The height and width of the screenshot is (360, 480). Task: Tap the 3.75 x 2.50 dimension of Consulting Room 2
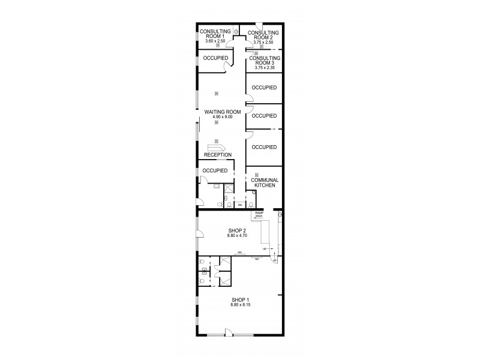click(264, 43)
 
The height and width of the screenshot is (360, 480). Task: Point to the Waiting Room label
click(223, 112)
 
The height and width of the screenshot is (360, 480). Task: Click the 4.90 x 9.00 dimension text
click(223, 117)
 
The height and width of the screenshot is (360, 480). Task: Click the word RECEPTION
click(217, 155)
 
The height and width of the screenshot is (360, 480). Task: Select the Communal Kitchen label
click(263, 182)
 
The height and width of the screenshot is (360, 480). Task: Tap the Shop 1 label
click(239, 300)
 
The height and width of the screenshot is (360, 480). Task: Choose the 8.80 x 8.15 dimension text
click(239, 305)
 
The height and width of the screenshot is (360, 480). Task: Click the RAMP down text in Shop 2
click(260, 215)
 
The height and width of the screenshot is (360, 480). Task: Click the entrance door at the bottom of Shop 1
click(229, 334)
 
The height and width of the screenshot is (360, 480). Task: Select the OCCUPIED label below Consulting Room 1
click(215, 58)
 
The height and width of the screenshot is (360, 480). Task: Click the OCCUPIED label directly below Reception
click(215, 170)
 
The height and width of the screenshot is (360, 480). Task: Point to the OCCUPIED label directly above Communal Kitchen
click(264, 147)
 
